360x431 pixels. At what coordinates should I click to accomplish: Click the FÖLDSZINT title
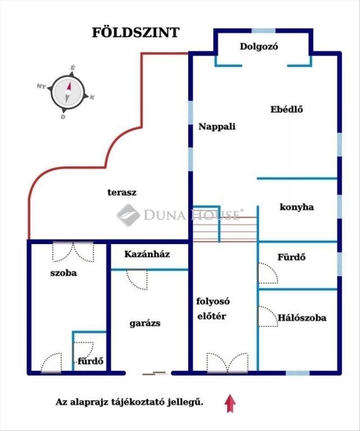(135, 32)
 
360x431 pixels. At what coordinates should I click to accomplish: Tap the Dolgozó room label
(259, 47)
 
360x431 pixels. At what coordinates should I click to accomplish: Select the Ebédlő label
(287, 109)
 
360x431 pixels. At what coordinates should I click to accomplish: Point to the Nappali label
(217, 126)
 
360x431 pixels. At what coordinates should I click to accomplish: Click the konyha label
(297, 207)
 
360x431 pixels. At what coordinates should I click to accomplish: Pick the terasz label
(122, 192)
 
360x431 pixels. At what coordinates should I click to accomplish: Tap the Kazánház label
(147, 254)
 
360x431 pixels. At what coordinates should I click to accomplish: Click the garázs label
(145, 323)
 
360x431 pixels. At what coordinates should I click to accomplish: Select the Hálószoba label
(302, 318)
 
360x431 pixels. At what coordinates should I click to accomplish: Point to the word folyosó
(213, 302)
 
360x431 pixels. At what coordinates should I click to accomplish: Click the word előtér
(212, 316)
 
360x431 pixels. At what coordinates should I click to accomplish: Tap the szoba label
(63, 273)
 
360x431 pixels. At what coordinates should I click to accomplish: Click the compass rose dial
(68, 92)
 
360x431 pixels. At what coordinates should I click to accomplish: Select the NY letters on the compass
(41, 86)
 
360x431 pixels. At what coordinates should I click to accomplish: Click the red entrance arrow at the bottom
(230, 403)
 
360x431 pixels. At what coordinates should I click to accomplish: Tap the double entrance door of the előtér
(228, 363)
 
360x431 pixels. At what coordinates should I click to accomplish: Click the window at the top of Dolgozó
(263, 31)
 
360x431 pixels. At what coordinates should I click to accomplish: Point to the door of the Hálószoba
(268, 316)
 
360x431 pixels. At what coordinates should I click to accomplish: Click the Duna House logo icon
(128, 215)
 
